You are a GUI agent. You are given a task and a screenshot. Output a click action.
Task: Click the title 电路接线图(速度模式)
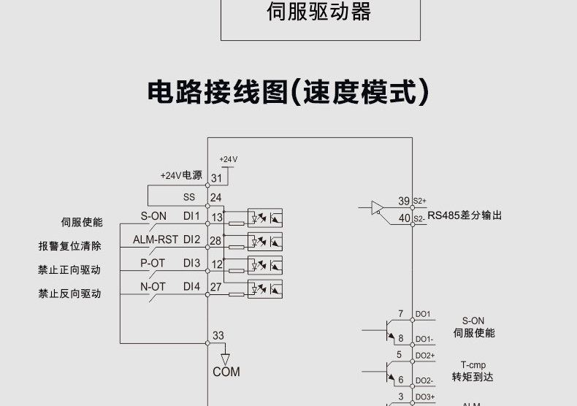click(x=288, y=93)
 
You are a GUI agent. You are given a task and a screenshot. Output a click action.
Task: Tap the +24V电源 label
click(x=181, y=176)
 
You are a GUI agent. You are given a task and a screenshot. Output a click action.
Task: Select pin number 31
click(x=216, y=177)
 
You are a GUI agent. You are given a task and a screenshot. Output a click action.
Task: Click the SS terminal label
click(x=189, y=197)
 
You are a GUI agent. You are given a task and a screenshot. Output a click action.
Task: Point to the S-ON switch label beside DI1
click(x=153, y=216)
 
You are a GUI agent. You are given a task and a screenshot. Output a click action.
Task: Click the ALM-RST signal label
click(x=156, y=240)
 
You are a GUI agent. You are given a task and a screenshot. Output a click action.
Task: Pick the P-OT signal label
click(x=153, y=263)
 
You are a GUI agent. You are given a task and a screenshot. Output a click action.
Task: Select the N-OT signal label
click(x=153, y=287)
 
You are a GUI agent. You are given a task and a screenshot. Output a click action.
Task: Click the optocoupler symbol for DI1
click(x=265, y=218)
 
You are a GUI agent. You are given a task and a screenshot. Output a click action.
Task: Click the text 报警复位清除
click(x=70, y=246)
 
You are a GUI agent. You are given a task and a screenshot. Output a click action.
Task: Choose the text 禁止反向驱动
click(x=70, y=294)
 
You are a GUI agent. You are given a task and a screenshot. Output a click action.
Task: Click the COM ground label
click(x=226, y=372)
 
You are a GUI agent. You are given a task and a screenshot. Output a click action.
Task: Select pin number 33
click(x=218, y=336)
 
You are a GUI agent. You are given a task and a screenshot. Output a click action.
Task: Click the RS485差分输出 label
click(x=465, y=215)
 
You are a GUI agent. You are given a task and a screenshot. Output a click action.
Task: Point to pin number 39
click(x=404, y=201)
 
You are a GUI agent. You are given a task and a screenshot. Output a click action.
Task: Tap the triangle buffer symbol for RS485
click(x=377, y=208)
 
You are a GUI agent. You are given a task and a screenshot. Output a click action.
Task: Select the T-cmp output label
click(x=473, y=365)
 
